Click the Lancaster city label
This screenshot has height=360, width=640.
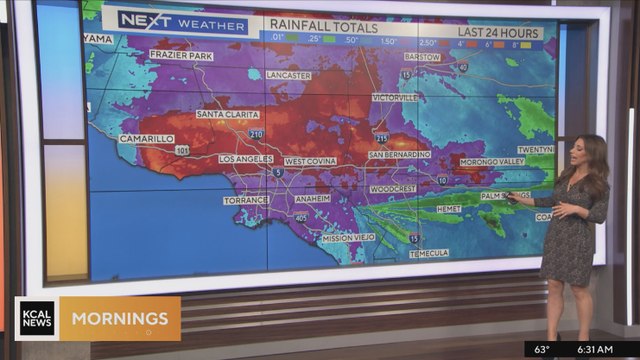(290, 75)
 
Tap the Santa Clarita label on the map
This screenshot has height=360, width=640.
(227, 114)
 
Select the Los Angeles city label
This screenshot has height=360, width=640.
(246, 159)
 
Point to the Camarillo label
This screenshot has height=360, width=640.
(147, 138)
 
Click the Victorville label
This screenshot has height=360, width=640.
(396, 98)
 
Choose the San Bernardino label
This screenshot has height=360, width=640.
(399, 155)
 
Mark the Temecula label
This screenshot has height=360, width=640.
(429, 254)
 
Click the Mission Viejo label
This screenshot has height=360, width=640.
(349, 238)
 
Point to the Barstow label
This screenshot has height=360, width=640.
(423, 57)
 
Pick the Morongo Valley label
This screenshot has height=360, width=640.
(492, 161)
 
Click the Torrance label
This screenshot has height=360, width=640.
(246, 200)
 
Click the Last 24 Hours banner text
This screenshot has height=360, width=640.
(493, 33)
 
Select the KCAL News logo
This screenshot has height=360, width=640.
(37, 319)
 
